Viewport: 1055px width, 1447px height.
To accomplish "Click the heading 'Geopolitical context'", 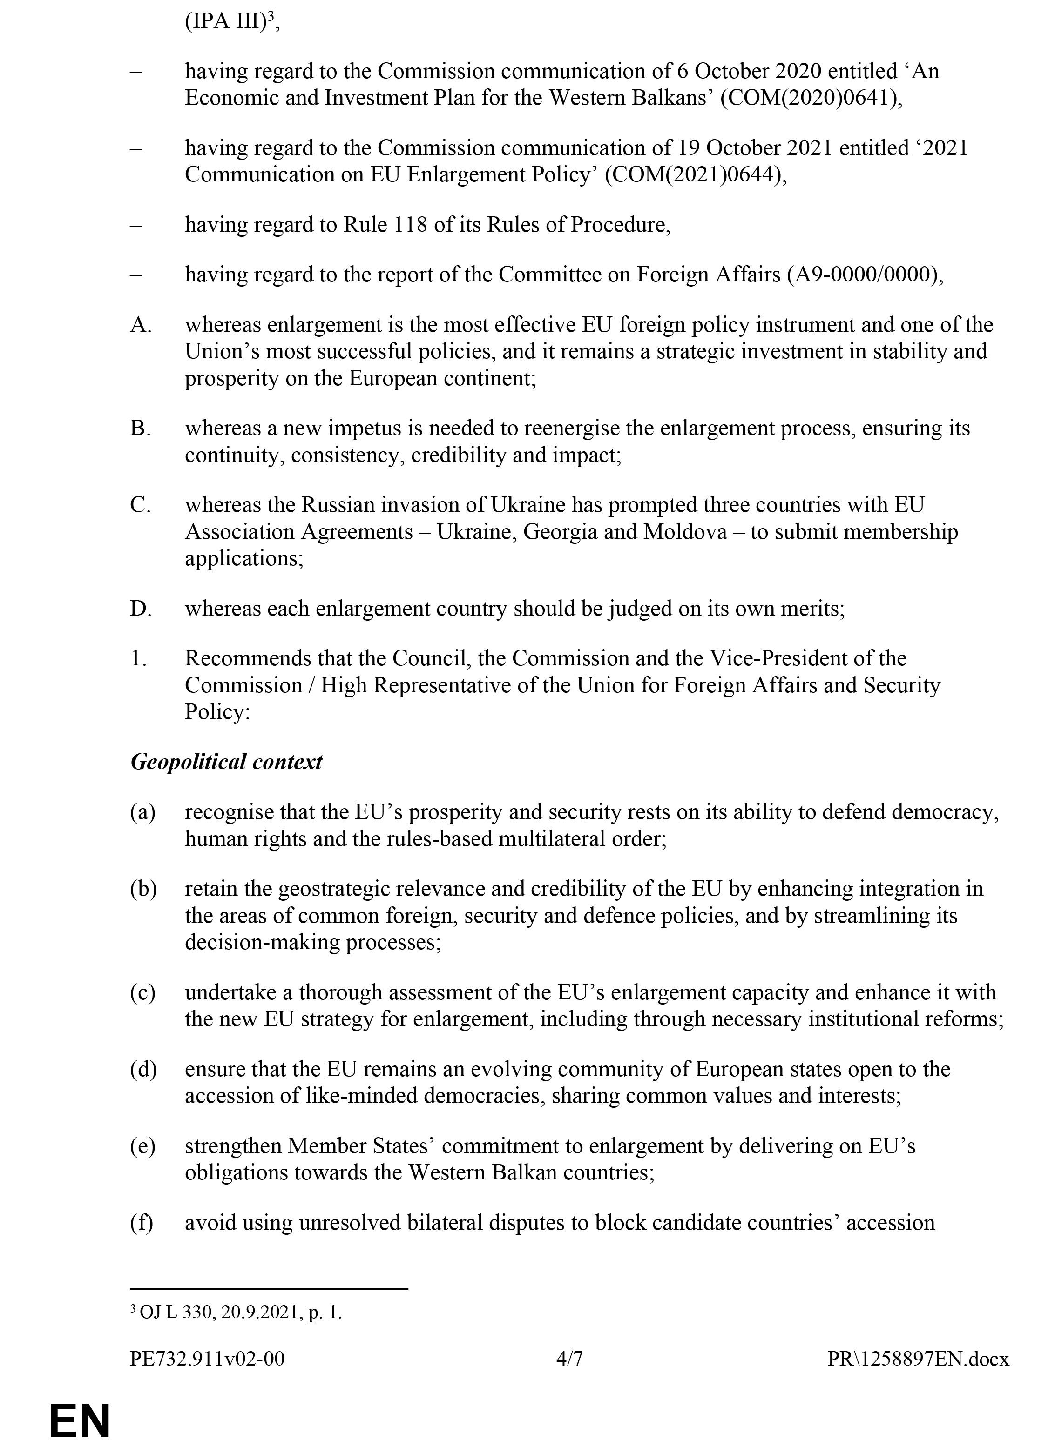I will (226, 762).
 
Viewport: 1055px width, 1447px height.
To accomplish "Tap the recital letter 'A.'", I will (141, 326).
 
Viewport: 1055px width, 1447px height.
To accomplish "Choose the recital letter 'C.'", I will (141, 505).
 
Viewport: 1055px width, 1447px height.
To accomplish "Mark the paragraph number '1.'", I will (139, 658).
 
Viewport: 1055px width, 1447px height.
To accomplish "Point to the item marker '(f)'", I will (142, 1223).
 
